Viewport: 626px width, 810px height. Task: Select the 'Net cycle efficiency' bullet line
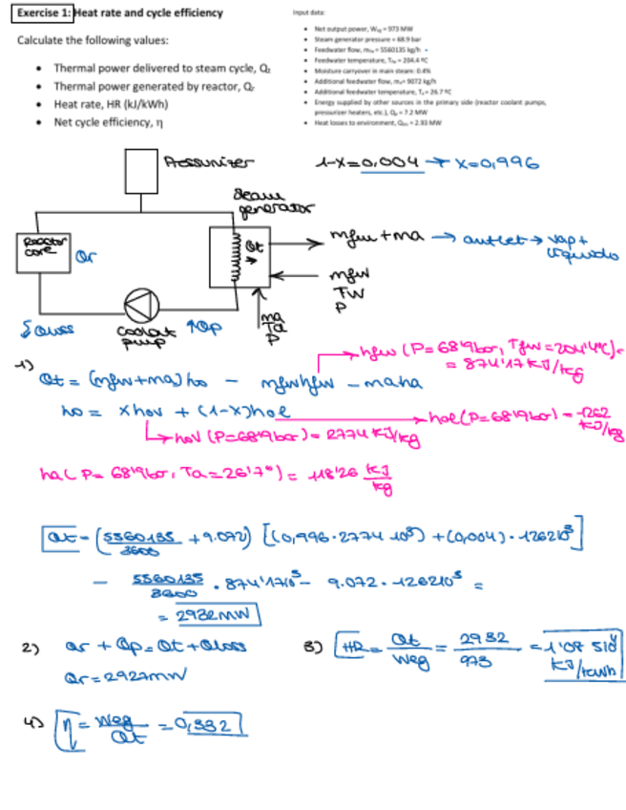104,121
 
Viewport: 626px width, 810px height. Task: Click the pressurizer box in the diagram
140,172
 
